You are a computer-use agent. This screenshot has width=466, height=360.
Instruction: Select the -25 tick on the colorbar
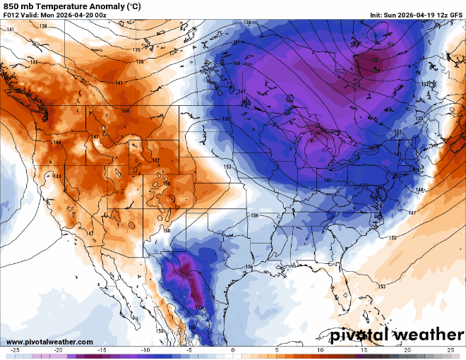[14, 349]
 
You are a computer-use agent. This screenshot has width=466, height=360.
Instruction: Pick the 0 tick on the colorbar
[233, 349]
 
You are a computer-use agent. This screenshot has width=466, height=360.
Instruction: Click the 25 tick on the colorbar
[451, 349]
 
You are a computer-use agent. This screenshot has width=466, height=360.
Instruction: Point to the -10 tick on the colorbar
[145, 349]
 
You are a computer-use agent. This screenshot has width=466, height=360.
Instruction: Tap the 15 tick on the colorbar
[364, 349]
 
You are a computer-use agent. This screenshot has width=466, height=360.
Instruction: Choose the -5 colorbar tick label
[189, 349]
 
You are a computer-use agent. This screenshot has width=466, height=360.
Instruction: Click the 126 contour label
[375, 59]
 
